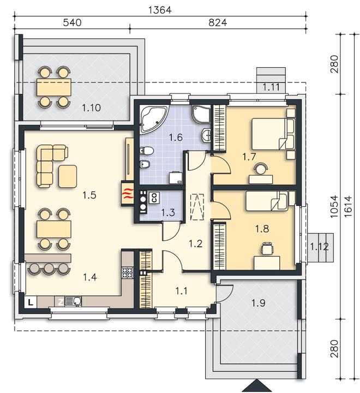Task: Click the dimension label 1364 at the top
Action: [x=160, y=10]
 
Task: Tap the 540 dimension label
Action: [x=72, y=22]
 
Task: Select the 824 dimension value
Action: [x=218, y=22]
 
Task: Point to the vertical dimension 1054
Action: [x=334, y=207]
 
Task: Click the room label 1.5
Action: [x=89, y=195]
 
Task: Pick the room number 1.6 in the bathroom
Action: [x=176, y=138]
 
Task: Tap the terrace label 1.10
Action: [x=92, y=108]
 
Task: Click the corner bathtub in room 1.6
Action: [x=153, y=118]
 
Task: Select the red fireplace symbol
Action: [x=128, y=193]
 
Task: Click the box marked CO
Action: [x=154, y=198]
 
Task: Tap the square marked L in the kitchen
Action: [x=31, y=302]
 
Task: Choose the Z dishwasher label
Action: [x=60, y=302]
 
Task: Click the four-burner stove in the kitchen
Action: [x=127, y=273]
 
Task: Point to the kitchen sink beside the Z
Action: [x=73, y=301]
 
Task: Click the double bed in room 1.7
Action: [x=273, y=134]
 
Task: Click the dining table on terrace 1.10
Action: [x=53, y=87]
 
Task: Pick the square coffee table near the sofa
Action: [x=68, y=176]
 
